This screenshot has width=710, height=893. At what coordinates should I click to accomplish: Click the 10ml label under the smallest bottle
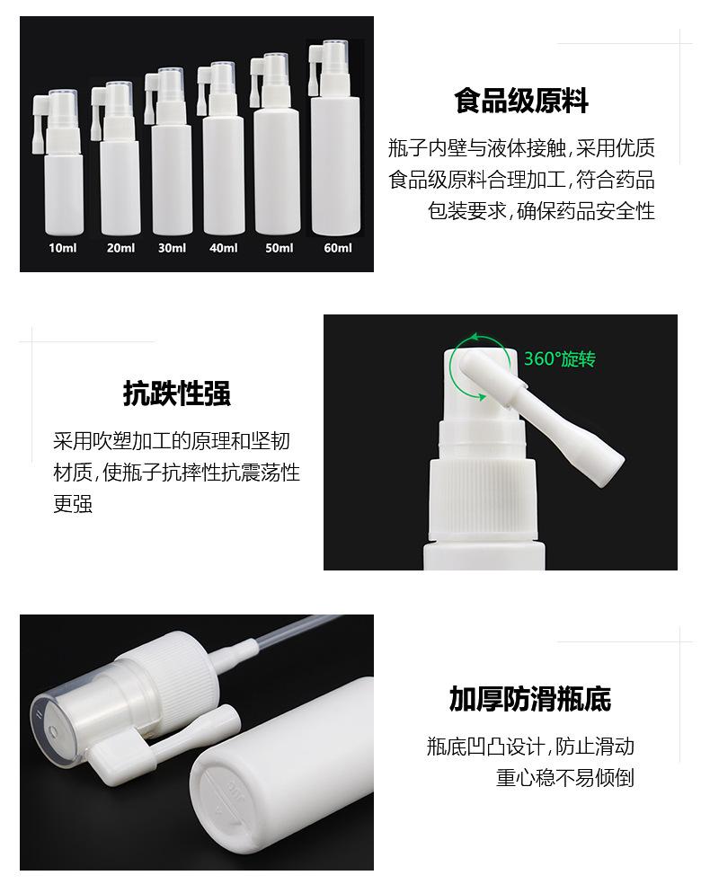63,248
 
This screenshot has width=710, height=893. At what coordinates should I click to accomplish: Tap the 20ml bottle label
120,248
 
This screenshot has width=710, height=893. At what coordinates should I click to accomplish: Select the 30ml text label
172,248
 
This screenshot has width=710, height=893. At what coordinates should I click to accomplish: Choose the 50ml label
279,248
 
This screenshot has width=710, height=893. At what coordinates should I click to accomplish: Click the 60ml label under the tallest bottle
337,248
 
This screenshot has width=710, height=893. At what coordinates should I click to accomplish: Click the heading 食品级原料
521,101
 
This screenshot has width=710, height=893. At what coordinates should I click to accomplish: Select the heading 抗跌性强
177,393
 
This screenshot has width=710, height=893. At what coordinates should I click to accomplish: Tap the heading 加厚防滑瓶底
530,699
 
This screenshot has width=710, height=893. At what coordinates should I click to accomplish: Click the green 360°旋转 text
560,359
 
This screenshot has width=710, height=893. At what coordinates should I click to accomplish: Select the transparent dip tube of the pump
297,630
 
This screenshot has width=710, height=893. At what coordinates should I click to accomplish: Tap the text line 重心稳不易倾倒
565,777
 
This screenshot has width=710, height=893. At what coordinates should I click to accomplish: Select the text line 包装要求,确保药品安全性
541,212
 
